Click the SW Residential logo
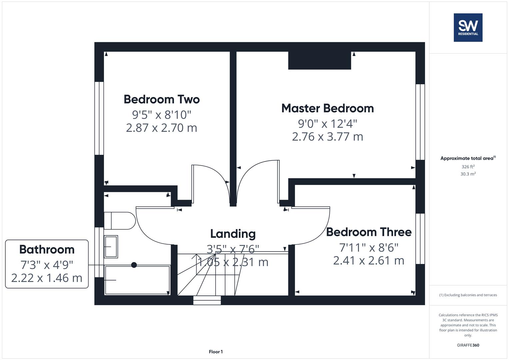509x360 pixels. [x=468, y=27]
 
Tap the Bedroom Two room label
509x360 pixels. [x=162, y=99]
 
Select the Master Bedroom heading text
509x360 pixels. [x=327, y=108]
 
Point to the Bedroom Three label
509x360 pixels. [x=369, y=232]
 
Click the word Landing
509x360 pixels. [x=233, y=234]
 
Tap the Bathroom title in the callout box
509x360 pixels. [x=47, y=249]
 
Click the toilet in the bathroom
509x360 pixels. [x=119, y=221]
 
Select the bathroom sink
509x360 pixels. [x=111, y=247]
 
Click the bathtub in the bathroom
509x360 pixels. [x=137, y=280]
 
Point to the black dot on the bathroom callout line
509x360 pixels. [x=134, y=265]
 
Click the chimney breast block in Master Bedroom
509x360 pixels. [x=319, y=60]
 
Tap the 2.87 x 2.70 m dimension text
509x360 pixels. [x=162, y=128]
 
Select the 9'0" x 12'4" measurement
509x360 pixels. [x=327, y=124]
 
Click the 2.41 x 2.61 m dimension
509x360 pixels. [x=369, y=260]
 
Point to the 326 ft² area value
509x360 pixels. [x=468, y=167]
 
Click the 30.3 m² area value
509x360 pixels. [x=468, y=174]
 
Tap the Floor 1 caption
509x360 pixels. [x=216, y=352]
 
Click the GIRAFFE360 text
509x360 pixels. [x=468, y=345]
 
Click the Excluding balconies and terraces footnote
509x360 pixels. [x=468, y=295]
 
